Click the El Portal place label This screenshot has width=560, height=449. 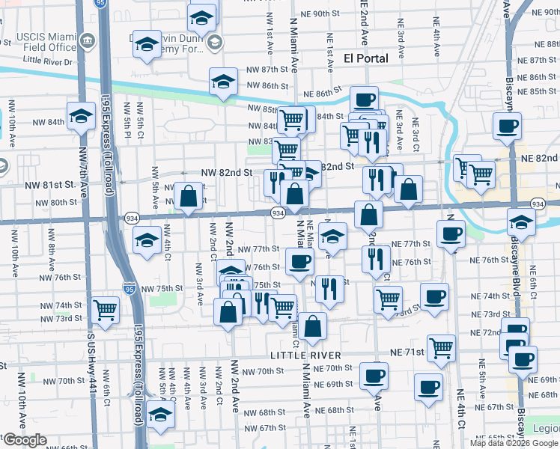pos(365,58)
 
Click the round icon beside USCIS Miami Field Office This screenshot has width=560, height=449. pos(89,40)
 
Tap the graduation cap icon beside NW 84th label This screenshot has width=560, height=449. pos(80,115)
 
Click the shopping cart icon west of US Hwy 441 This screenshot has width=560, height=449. pos(105,308)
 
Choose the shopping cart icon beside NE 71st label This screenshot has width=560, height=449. pos(442,347)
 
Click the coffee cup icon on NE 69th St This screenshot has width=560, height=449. pos(374,376)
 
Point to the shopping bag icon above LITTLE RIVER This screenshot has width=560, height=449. pos(314,326)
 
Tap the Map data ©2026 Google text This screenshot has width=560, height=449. pos(514,443)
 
